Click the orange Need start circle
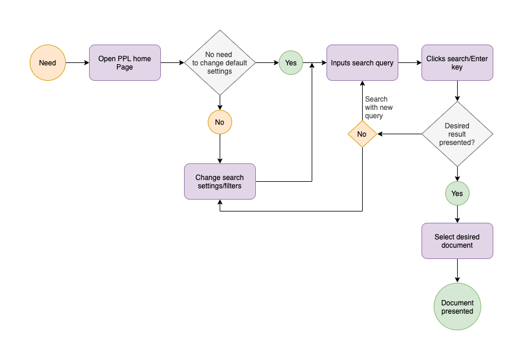tap(47, 63)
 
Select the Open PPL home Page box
tap(125, 63)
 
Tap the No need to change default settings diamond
tap(220, 63)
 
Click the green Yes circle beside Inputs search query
tap(291, 63)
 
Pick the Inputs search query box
tap(362, 63)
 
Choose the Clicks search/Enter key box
tap(457, 63)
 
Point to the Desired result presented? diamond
tap(457, 134)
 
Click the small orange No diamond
tap(362, 134)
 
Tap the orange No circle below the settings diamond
tap(220, 122)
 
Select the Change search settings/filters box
tap(220, 182)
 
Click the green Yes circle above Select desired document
tap(457, 194)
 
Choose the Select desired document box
tap(457, 241)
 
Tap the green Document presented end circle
tap(457, 307)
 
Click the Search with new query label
tap(379, 108)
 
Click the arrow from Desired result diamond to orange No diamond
tap(400, 134)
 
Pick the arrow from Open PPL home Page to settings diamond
tap(172, 63)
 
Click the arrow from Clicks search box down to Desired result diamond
tap(457, 91)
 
